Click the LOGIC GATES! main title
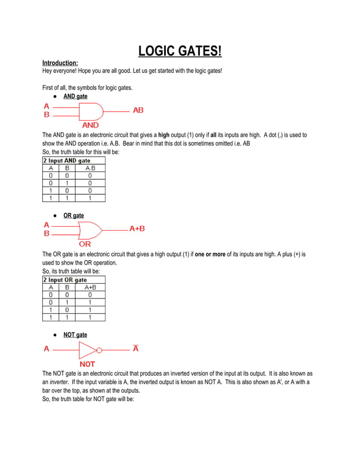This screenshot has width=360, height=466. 180,52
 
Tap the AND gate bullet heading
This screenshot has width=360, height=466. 75,96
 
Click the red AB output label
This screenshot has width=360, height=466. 138,110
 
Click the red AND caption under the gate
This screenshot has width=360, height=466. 90,125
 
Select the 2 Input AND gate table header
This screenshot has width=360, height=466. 67,161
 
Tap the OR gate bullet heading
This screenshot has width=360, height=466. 73,216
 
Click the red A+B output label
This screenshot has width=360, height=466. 137,228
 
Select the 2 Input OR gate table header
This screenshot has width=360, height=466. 65,279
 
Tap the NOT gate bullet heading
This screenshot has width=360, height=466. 75,335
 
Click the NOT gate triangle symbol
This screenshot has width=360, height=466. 87,350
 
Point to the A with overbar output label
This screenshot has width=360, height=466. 136,348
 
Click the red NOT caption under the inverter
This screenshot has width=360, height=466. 87,364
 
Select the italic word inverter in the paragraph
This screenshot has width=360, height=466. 60,382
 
